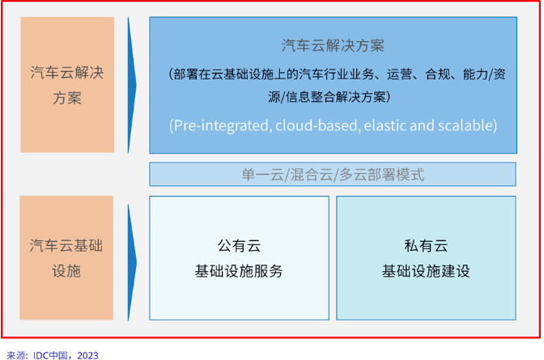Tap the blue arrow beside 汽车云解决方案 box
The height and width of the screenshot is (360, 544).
132,84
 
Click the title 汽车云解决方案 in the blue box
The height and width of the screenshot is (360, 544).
333,44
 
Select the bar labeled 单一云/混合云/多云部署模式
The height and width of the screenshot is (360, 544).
333,175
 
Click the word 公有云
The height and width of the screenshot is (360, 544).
239,245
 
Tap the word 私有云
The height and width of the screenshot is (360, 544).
426,245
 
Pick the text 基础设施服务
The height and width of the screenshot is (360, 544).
239,271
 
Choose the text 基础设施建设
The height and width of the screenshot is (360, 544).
426,271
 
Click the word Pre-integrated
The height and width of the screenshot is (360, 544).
219,126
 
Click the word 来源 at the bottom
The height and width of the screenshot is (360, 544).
16,354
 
